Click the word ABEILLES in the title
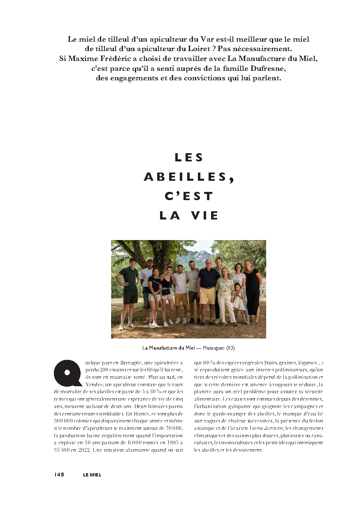pyautogui.click(x=186, y=177)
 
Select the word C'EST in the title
pyautogui.click(x=189, y=196)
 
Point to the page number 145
pyautogui.click(x=59, y=475)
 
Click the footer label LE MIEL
pyautogui.click(x=92, y=475)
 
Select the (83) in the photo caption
pyautogui.click(x=231, y=348)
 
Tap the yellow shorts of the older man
pyautogui.click(x=207, y=296)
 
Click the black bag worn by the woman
pyautogui.click(x=166, y=292)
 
